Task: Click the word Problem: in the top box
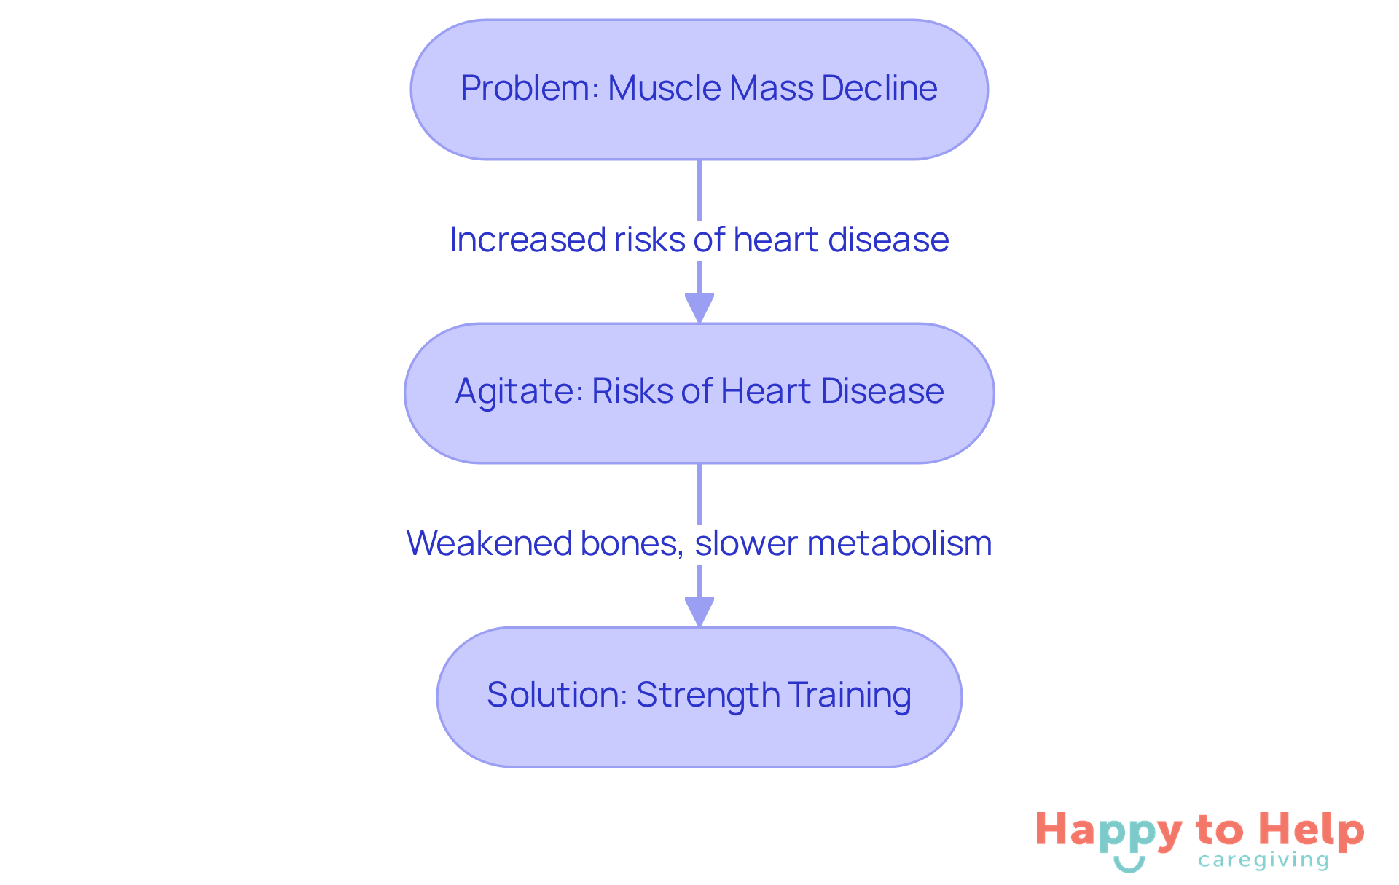click(529, 88)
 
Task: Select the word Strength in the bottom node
click(708, 695)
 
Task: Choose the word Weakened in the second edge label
click(489, 543)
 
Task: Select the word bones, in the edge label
click(632, 543)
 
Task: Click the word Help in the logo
click(1312, 830)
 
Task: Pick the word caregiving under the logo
click(1263, 860)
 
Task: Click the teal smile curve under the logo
click(1129, 865)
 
